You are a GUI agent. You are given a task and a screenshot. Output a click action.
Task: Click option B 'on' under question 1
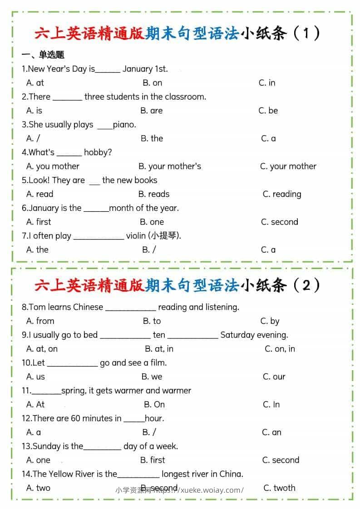[x=152, y=83]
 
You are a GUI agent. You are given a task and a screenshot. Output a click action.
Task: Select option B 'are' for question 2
[x=151, y=111]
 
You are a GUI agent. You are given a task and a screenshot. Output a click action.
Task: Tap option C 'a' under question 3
[x=268, y=138]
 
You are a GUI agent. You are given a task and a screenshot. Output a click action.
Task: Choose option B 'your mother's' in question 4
[x=170, y=166]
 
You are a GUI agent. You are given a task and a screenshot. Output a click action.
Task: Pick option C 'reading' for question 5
[x=282, y=194]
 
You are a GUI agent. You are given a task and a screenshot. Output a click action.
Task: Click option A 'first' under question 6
[x=39, y=222]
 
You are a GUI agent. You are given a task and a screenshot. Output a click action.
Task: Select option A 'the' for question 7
[x=37, y=250]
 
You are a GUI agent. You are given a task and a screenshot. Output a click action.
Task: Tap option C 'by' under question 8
[x=270, y=321]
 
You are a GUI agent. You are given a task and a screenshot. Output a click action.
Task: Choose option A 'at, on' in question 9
[x=42, y=349]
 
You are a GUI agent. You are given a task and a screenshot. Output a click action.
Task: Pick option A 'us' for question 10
[x=35, y=377]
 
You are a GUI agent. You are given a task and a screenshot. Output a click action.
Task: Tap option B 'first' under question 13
[x=153, y=460]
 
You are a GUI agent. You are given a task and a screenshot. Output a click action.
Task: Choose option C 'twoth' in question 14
[x=279, y=488]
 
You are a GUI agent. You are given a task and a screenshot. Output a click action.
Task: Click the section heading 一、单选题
[x=43, y=55]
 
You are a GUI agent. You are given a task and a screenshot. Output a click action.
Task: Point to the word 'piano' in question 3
[x=124, y=125]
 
